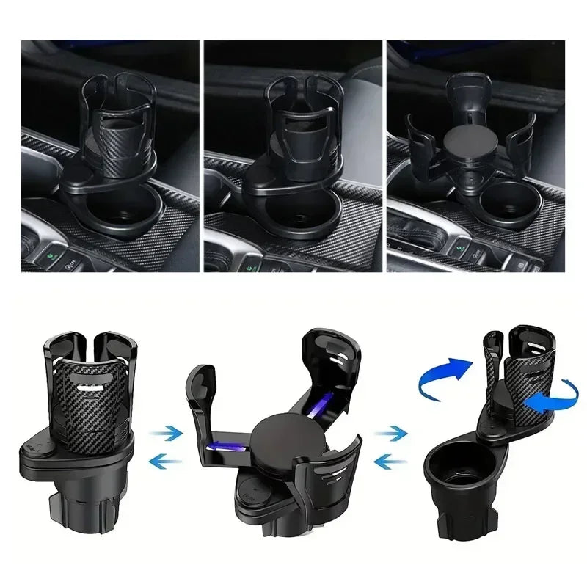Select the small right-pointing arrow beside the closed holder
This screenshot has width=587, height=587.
pos(168,434)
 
